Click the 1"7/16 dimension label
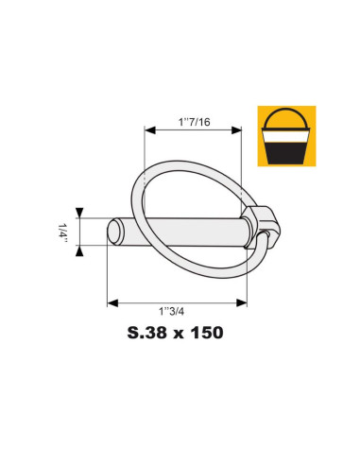(x=194, y=121)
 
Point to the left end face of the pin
(x=114, y=232)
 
